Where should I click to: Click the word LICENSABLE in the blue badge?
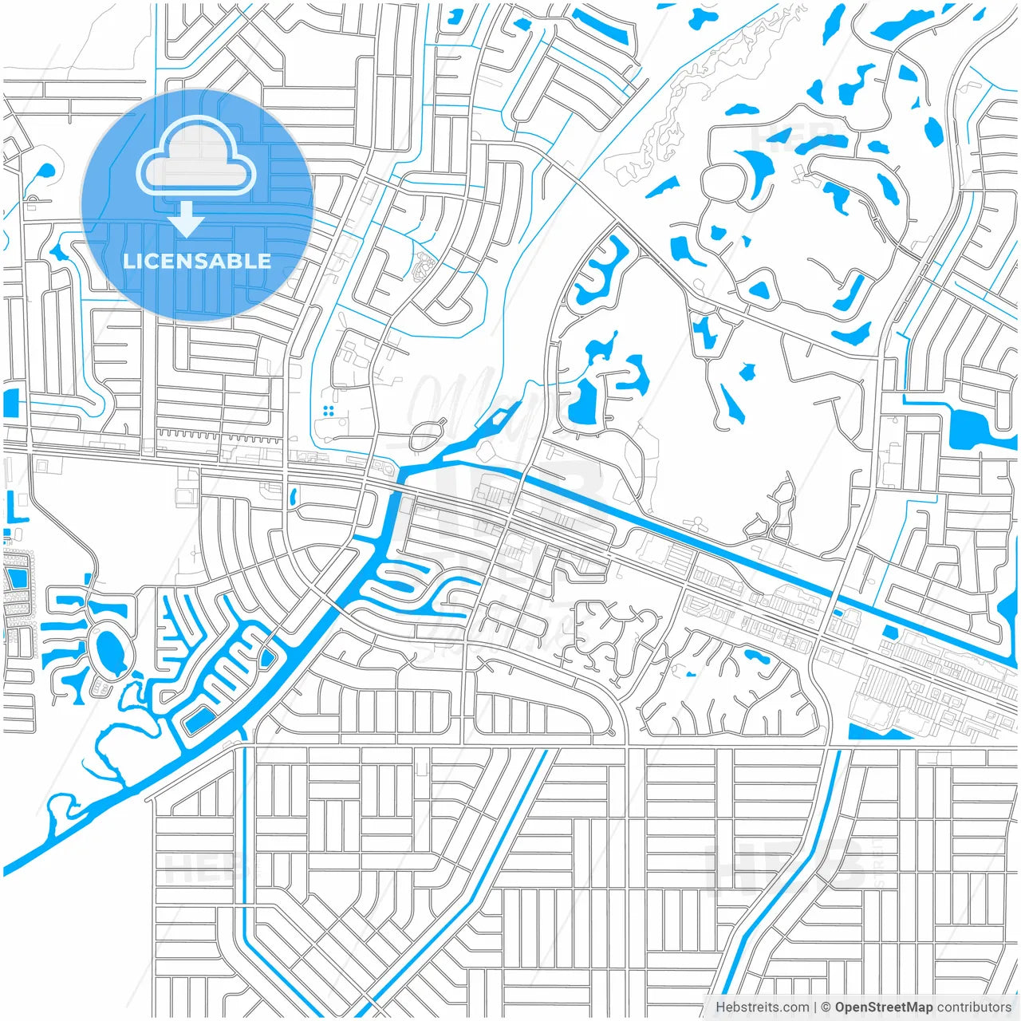click(196, 262)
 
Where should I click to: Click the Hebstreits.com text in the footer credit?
click(762, 1007)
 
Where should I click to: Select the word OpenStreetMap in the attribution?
click(883, 1007)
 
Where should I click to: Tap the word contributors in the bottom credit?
click(974, 1007)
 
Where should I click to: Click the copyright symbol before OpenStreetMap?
click(826, 1007)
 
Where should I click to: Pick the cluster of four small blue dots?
click(328, 411)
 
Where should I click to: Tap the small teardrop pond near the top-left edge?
click(45, 171)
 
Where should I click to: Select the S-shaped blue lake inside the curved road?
click(603, 271)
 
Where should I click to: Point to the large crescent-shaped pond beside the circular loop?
click(758, 171)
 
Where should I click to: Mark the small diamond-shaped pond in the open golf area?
click(747, 372)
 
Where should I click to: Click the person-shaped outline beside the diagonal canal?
click(696, 526)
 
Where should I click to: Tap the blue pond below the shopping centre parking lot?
click(877, 731)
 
